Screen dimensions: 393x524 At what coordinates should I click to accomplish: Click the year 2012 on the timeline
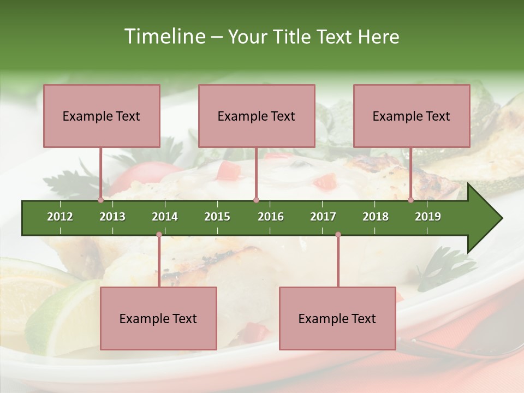(x=60, y=217)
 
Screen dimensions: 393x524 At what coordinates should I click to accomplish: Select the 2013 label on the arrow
(x=112, y=217)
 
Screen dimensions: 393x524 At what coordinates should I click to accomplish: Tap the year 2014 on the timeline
(x=165, y=217)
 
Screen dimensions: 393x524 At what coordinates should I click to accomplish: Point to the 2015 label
(x=217, y=217)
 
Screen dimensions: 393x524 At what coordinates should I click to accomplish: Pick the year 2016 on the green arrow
(x=271, y=217)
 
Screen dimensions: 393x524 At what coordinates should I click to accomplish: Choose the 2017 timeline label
(x=323, y=217)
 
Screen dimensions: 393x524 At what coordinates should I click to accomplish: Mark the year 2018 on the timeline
(x=376, y=217)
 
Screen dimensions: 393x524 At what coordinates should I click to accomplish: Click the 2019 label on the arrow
(x=428, y=217)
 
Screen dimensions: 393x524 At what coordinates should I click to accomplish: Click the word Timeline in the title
(x=164, y=37)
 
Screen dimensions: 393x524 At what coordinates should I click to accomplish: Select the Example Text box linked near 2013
(x=102, y=116)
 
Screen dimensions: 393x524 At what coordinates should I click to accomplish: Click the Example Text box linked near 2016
(x=257, y=116)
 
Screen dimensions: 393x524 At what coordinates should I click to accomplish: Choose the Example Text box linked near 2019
(x=412, y=116)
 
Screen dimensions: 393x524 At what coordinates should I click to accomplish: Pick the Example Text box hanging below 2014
(x=158, y=318)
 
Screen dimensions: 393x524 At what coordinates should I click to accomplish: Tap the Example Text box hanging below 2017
(x=337, y=318)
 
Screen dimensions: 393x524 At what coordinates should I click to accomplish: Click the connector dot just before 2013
(x=100, y=200)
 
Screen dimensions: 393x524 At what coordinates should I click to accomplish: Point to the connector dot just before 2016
(x=256, y=200)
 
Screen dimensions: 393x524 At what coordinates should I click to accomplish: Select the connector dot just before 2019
(x=411, y=200)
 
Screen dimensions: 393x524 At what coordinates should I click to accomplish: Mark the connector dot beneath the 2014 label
(x=159, y=235)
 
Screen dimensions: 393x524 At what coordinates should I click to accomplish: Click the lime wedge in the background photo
(x=55, y=311)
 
